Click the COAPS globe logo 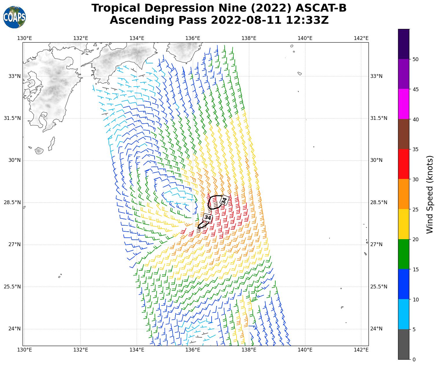pos(14,17)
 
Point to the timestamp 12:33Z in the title pos(307,20)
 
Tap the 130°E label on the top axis pos(24,38)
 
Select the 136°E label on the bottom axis pos(193,350)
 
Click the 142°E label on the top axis pos(361,38)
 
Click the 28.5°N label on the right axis pos(379,202)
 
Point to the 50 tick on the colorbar pos(415,59)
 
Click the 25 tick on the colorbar pos(415,209)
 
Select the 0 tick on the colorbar pos(414,359)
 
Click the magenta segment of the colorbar pos(404,104)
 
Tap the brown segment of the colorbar pos(404,134)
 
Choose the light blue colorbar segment pos(404,314)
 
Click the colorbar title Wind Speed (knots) pos(430,194)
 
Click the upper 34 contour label pos(224,200)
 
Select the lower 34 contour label pos(208,217)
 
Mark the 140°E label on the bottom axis pos(305,350)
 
